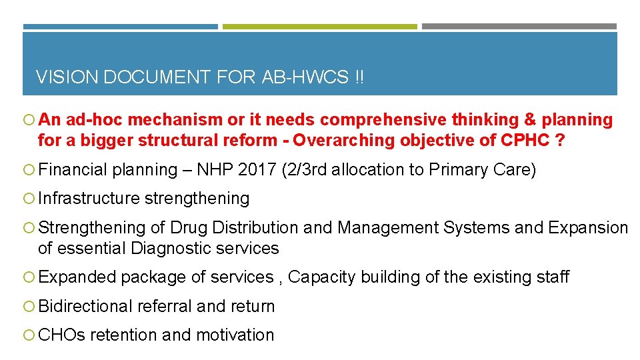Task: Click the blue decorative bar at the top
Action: tap(120, 27)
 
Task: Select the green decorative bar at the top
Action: tap(319, 27)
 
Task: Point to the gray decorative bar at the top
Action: tap(519, 27)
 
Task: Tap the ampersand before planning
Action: tap(531, 120)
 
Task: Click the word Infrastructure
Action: tap(89, 199)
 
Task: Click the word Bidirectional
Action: tap(86, 307)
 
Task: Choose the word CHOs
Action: tap(62, 335)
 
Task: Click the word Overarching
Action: tap(345, 141)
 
